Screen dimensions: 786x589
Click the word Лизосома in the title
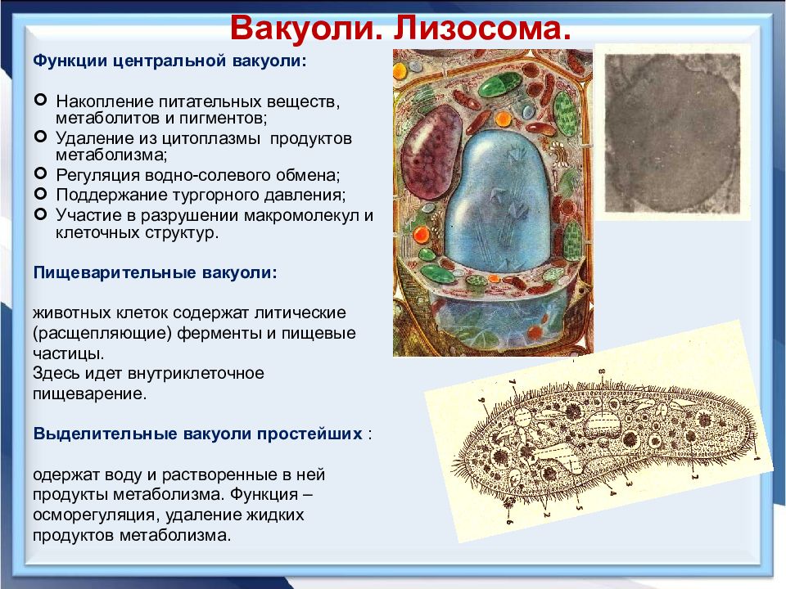click(x=482, y=28)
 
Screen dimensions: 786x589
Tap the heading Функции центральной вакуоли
click(x=169, y=61)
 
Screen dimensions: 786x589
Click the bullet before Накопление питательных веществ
click(x=41, y=100)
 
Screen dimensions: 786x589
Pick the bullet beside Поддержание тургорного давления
click(x=41, y=193)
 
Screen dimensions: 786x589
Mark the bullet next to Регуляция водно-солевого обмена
click(x=41, y=173)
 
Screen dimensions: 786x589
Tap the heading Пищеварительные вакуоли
click(x=155, y=273)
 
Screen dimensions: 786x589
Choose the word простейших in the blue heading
click(x=309, y=434)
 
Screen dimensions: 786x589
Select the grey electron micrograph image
click(x=672, y=133)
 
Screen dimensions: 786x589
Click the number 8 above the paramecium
click(x=602, y=372)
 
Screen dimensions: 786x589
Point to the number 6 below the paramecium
click(x=509, y=521)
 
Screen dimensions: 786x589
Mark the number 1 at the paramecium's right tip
click(x=757, y=456)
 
